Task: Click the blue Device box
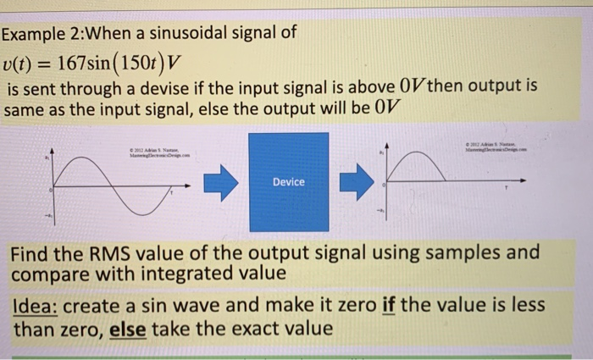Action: [x=288, y=181]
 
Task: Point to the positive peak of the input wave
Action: [x=85, y=155]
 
